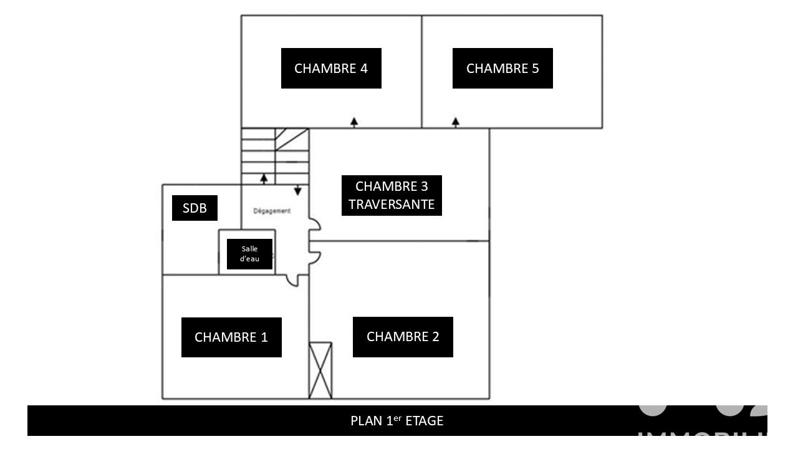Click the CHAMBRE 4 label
point(331,68)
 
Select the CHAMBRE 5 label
point(502,68)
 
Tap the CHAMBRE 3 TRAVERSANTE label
point(392,195)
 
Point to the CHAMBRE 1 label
point(231,337)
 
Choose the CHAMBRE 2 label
point(403,337)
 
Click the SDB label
point(195,208)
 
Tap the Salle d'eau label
point(249,254)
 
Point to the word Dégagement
point(272,211)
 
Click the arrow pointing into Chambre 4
point(354,122)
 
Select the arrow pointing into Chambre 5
point(456,122)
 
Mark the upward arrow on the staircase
point(264,178)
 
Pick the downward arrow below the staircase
point(298,190)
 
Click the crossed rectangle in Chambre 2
point(320,370)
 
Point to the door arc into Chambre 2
point(315,257)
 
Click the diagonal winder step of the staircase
point(292,139)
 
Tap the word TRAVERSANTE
point(392,204)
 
